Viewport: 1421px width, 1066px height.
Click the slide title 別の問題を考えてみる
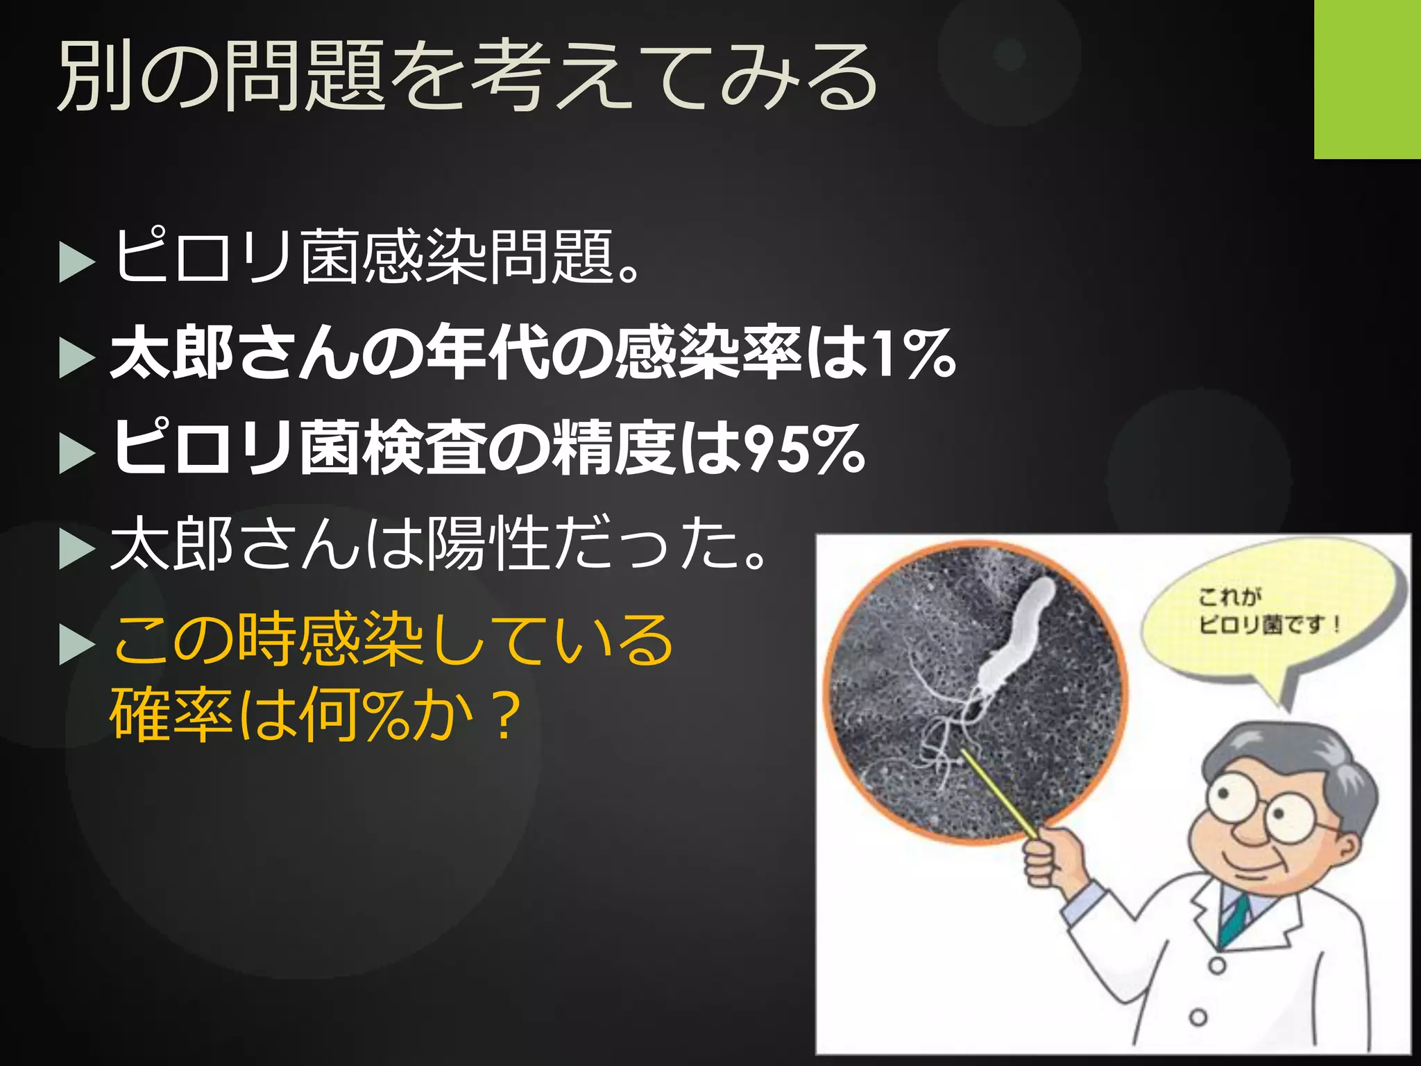point(466,76)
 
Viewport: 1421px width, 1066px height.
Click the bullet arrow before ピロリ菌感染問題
point(76,262)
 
